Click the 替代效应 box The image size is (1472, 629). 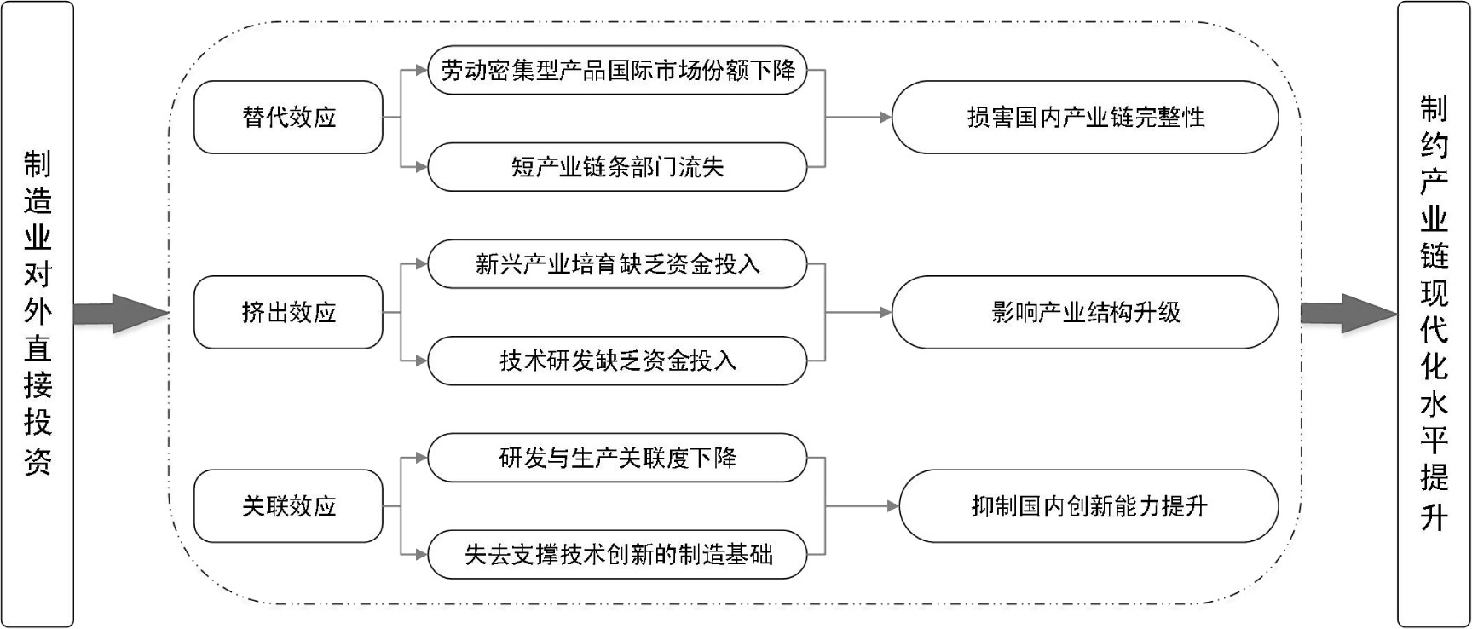288,117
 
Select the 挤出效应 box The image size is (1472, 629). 288,312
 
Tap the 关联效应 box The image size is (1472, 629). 288,506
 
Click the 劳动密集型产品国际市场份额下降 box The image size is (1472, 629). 617,70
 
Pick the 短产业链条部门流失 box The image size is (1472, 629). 617,167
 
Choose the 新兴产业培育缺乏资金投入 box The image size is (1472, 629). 617,264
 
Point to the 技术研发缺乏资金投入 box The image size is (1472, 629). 617,361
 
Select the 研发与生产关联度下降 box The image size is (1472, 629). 617,458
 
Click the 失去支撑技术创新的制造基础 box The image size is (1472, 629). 617,555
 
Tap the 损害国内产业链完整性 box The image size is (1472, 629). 1085,117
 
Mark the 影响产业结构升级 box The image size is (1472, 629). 1085,312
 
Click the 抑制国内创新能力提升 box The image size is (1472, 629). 1088,506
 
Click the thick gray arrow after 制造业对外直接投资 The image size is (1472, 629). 121,314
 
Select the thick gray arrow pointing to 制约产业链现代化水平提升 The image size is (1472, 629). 1348,314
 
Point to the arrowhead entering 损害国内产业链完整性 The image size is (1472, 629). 886,117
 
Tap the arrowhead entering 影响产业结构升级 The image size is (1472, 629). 886,312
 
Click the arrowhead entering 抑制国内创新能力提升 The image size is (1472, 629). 893,506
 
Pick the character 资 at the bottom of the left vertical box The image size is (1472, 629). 38,461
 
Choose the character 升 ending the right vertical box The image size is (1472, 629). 1434,516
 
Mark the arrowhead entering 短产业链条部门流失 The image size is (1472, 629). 421,167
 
